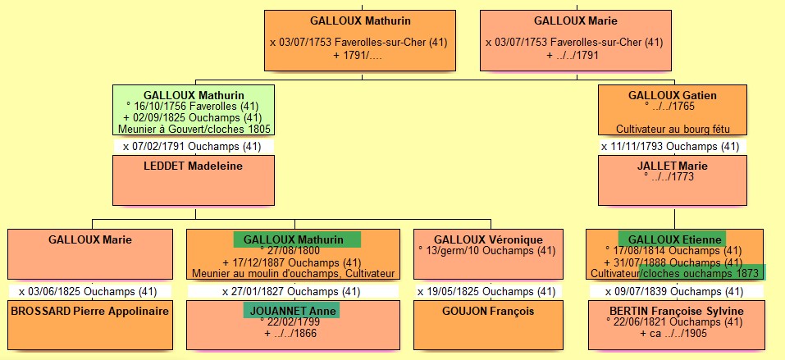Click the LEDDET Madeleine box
pyautogui.click(x=194, y=180)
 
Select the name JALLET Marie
pyautogui.click(x=673, y=166)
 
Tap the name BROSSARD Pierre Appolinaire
pyautogui.click(x=90, y=311)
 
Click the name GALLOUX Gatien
pyautogui.click(x=673, y=95)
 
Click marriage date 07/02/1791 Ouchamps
pyautogui.click(x=194, y=146)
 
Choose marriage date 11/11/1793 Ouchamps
pyautogui.click(x=673, y=146)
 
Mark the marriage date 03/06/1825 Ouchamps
pyautogui.click(x=90, y=291)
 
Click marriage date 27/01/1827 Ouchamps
pyautogui.click(x=291, y=291)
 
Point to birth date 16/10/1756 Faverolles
pyautogui.click(x=194, y=106)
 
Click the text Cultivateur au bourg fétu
pyautogui.click(x=673, y=129)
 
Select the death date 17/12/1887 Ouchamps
pyautogui.click(x=291, y=262)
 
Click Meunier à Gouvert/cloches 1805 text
pyautogui.click(x=194, y=129)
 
